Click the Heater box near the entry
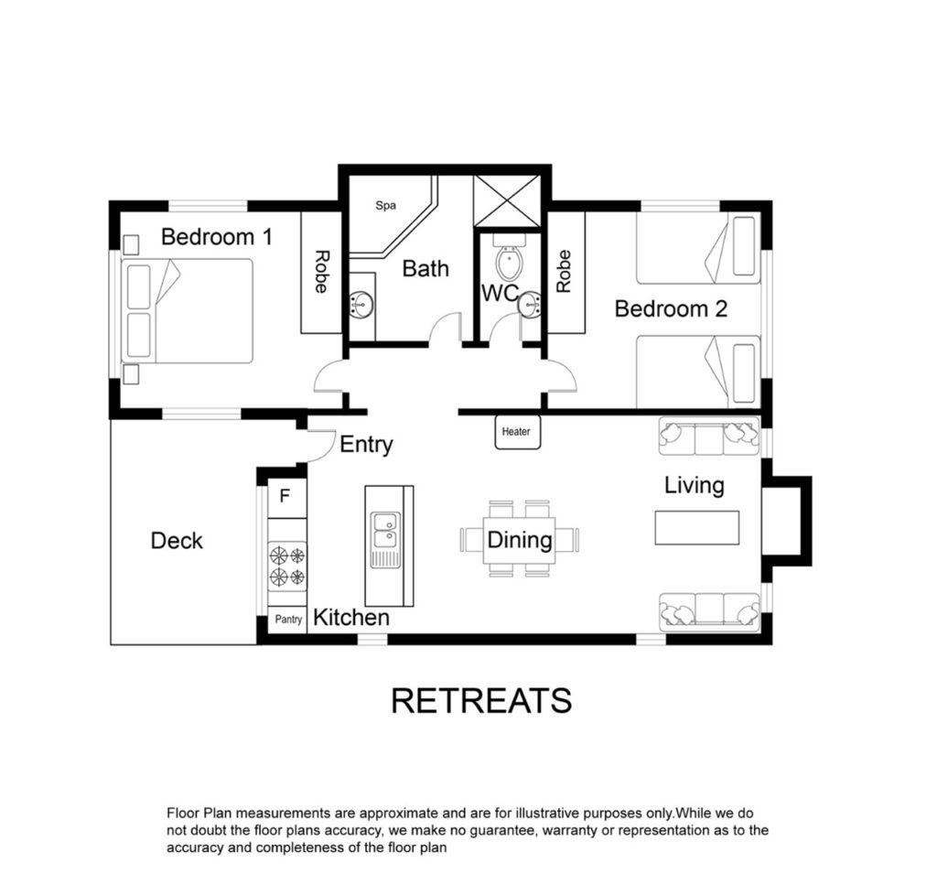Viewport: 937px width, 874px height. click(x=518, y=432)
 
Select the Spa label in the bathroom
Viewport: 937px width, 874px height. click(x=385, y=206)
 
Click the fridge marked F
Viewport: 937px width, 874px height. click(x=286, y=496)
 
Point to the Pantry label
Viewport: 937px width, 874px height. click(x=288, y=620)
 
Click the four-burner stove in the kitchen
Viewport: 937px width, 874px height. click(x=286, y=566)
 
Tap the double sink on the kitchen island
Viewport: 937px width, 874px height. click(x=385, y=531)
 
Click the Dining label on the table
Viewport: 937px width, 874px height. click(x=520, y=540)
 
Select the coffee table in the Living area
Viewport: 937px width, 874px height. click(x=696, y=527)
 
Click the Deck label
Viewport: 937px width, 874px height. click(x=177, y=541)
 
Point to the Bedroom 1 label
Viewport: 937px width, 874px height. click(x=216, y=237)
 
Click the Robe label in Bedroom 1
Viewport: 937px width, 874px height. click(x=321, y=272)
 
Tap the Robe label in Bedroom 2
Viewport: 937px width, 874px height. click(x=564, y=272)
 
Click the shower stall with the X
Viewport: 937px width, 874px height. click(x=507, y=200)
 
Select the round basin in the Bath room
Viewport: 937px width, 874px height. click(x=361, y=304)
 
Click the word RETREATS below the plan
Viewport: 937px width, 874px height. click(x=481, y=701)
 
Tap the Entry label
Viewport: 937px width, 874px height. click(x=366, y=445)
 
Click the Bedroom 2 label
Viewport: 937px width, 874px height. click(x=671, y=308)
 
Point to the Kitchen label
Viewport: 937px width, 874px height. click(x=351, y=618)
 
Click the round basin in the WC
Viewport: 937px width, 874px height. click(x=530, y=306)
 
